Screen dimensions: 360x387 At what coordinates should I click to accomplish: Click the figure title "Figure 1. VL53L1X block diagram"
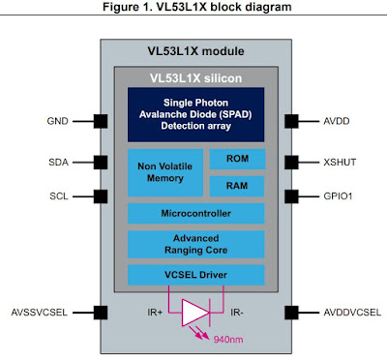point(193,9)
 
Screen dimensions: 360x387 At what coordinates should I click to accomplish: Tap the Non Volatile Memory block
point(165,172)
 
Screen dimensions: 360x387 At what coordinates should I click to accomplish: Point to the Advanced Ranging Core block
point(194,244)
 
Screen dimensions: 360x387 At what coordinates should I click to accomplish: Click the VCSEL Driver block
point(194,276)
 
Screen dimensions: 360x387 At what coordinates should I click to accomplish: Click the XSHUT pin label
point(329,164)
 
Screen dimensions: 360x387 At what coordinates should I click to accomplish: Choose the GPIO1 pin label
point(329,196)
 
